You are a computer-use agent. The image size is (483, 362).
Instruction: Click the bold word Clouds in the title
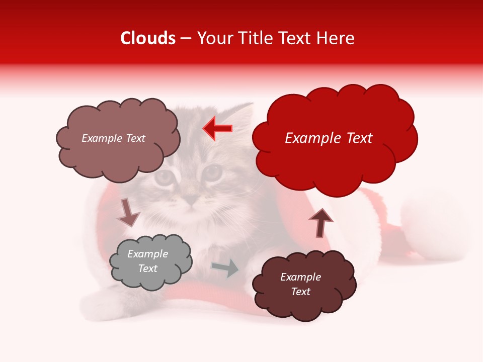click(x=148, y=38)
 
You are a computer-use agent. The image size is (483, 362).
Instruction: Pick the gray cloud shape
click(x=150, y=261)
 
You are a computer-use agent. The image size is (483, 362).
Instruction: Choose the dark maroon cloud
click(x=304, y=284)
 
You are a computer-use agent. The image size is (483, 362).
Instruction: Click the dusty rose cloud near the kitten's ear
click(x=118, y=138)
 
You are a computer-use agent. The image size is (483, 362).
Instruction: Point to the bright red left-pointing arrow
click(x=218, y=128)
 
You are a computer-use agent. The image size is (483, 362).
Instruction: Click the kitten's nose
click(x=190, y=201)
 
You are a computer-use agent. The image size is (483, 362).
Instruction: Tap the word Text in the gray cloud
click(x=148, y=268)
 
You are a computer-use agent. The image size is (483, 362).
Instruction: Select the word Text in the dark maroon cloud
click(x=301, y=292)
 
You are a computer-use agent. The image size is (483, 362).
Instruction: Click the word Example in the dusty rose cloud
click(x=101, y=138)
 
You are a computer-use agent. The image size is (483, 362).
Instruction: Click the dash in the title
click(x=185, y=39)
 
